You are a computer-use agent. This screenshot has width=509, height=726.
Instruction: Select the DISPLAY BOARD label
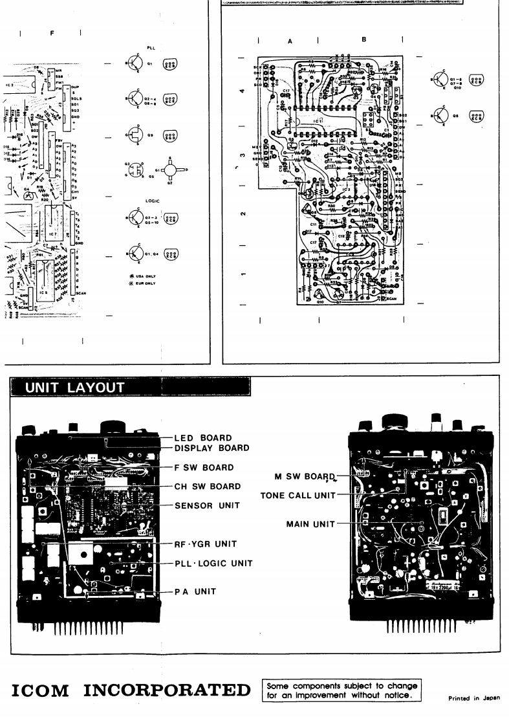tap(211, 448)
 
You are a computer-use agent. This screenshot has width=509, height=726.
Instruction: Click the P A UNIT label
tap(196, 591)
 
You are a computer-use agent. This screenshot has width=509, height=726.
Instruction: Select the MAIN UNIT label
tap(309, 524)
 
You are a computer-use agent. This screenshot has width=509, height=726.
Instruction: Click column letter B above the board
tap(364, 39)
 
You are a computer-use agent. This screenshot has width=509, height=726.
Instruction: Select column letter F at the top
tap(52, 32)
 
